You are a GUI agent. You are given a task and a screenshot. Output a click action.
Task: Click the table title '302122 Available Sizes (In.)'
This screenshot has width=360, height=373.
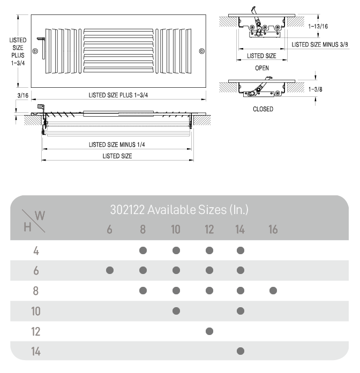[179, 209]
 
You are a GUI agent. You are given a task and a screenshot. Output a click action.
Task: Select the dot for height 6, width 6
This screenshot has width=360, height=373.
[110, 270]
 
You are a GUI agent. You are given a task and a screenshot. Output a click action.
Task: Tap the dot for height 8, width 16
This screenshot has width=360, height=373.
[273, 291]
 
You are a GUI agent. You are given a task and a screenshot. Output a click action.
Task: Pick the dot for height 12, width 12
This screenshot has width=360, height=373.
[209, 331]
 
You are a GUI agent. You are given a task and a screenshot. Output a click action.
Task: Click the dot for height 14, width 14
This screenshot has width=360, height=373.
[241, 352]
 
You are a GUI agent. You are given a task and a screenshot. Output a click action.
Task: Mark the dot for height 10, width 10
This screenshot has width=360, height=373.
[176, 311]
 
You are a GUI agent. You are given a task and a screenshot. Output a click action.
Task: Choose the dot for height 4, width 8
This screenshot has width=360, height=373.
[143, 250]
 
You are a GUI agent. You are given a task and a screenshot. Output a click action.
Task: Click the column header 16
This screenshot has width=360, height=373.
[273, 230]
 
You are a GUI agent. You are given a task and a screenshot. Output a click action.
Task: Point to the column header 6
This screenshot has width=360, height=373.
[110, 230]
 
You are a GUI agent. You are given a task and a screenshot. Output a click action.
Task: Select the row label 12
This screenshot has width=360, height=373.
[36, 331]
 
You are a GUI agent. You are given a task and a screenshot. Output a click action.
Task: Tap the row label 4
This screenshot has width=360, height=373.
[36, 250]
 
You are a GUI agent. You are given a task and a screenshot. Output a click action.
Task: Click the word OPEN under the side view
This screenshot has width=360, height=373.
[262, 68]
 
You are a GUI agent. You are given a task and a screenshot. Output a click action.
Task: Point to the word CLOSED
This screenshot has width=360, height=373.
[263, 109]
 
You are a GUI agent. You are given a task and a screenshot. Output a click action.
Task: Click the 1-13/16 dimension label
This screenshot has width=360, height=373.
[319, 25]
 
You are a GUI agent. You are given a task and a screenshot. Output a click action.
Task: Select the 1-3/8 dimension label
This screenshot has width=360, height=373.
[316, 89]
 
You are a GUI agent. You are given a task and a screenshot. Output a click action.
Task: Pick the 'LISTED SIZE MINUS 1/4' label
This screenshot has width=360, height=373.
[117, 144]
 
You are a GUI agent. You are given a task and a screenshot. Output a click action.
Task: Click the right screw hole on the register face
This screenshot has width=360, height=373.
[201, 51]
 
